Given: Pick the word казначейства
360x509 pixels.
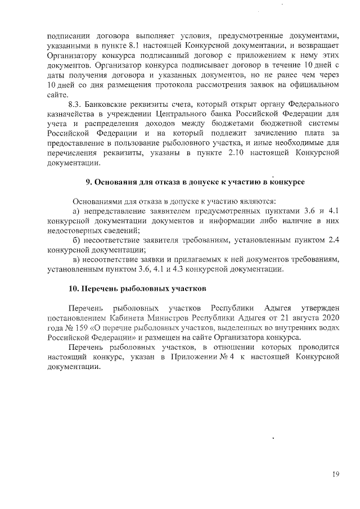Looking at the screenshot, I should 70,115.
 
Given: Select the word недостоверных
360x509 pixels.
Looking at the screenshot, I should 74,231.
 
